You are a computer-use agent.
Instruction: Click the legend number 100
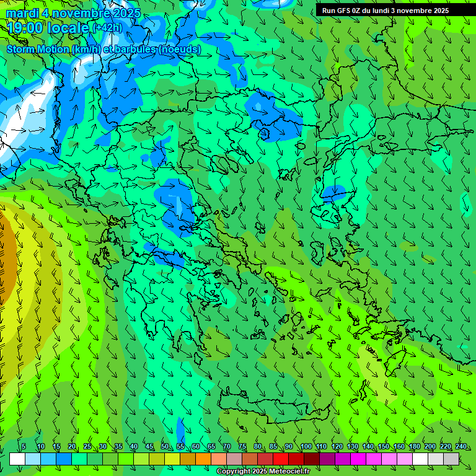[x=306, y=446]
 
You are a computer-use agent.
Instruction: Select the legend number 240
[x=461, y=446]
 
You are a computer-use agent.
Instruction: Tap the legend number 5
[x=24, y=446]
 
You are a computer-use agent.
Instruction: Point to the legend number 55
[x=180, y=446]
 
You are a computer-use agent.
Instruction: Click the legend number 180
[x=413, y=446]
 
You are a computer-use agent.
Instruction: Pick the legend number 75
[x=242, y=446]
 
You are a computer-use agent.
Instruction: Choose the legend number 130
[x=353, y=446]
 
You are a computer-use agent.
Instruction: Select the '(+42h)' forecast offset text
[x=108, y=27]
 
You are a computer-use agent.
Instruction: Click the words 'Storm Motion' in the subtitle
[x=38, y=49]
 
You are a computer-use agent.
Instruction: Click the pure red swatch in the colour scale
[x=281, y=459]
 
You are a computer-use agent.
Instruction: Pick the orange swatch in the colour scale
[x=203, y=459]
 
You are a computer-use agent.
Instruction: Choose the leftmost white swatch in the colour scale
[x=17, y=459]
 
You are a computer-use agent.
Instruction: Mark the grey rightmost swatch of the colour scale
[x=451, y=459]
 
